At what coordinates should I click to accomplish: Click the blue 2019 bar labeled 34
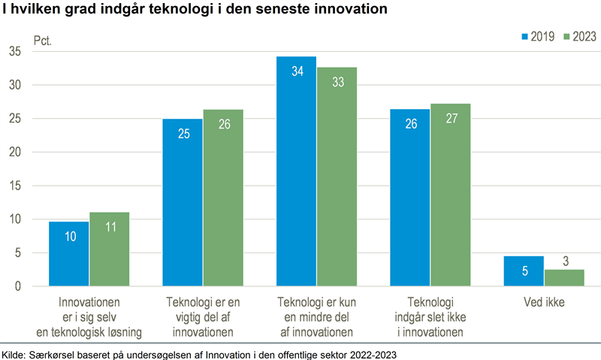pyautogui.click(x=296, y=171)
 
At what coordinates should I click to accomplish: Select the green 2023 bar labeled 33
pyautogui.click(x=337, y=177)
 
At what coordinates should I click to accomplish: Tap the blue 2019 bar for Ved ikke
pyautogui.click(x=524, y=271)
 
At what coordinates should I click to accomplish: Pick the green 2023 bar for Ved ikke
pyautogui.click(x=564, y=278)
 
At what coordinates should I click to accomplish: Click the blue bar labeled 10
pyautogui.click(x=68, y=254)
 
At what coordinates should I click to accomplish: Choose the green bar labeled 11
pyautogui.click(x=109, y=250)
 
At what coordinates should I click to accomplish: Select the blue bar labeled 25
pyautogui.click(x=183, y=203)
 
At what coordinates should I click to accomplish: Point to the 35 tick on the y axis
pyautogui.click(x=15, y=51)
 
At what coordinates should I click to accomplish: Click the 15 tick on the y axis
pyautogui.click(x=15, y=186)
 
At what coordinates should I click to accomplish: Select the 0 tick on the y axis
pyautogui.click(x=17, y=286)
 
